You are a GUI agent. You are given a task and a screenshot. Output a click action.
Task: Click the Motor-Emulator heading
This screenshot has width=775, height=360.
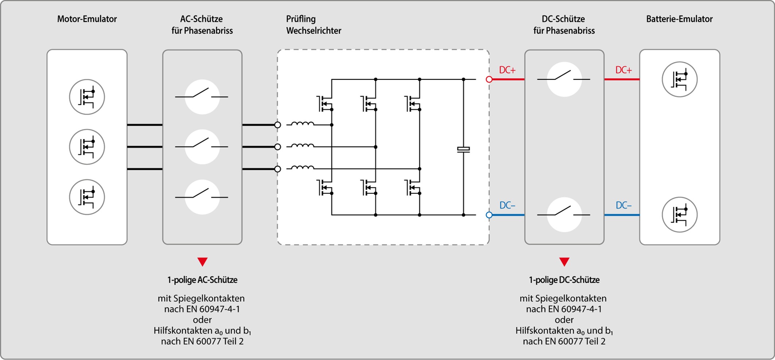87,19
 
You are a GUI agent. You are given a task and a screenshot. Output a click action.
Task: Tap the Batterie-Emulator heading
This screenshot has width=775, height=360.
679,19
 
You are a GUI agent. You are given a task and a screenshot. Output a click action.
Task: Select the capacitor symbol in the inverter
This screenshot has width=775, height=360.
463,149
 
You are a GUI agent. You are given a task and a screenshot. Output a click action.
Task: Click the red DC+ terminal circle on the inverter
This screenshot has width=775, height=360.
489,79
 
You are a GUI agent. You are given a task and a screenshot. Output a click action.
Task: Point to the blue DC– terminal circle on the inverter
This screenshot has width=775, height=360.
489,215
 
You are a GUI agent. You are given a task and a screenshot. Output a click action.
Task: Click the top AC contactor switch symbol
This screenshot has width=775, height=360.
202,97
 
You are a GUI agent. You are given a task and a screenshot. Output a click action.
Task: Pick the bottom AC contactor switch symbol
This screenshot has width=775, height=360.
202,197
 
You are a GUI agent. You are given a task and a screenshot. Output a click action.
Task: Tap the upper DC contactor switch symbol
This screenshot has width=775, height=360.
564,79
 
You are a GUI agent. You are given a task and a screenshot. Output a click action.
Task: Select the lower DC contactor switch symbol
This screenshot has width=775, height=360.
564,215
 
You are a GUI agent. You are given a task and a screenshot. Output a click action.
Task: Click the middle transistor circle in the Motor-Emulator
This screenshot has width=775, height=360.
87,147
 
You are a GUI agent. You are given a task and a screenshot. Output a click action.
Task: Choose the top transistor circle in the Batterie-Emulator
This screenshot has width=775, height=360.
679,79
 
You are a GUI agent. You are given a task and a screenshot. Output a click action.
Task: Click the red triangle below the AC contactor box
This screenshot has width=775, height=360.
202,262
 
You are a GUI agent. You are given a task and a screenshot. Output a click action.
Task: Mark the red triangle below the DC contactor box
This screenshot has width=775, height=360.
564,262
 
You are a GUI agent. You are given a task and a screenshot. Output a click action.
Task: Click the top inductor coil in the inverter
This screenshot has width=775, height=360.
303,124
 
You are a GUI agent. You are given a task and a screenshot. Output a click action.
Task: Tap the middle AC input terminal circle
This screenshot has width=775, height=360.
278,147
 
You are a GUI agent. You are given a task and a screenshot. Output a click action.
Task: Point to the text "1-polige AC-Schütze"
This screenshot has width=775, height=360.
202,280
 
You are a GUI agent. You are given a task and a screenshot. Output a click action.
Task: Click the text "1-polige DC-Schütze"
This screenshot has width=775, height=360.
564,280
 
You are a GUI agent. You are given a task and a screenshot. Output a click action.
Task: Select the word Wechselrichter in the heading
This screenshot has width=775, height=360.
313,31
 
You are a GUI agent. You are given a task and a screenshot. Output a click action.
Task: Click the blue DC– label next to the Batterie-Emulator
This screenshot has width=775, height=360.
623,206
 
